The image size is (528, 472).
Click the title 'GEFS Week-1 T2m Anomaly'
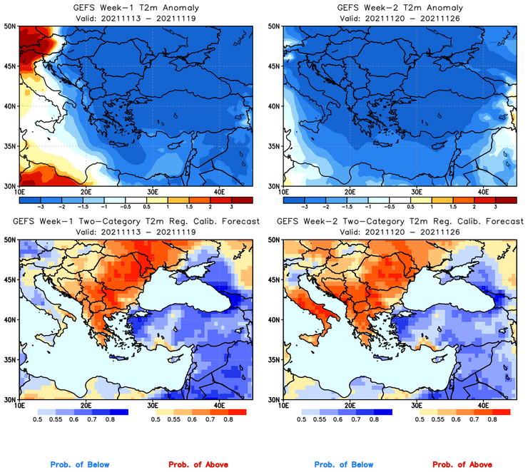pyautogui.click(x=135, y=8)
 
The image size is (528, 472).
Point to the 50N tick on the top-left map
pyautogui.click(x=11, y=26)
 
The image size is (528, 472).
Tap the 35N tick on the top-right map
pyautogui.click(x=274, y=146)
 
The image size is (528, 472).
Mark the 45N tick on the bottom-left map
pyautogui.click(x=11, y=279)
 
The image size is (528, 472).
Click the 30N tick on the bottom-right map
pyautogui.click(x=274, y=399)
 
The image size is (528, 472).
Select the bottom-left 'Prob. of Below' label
pyautogui.click(x=80, y=465)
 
